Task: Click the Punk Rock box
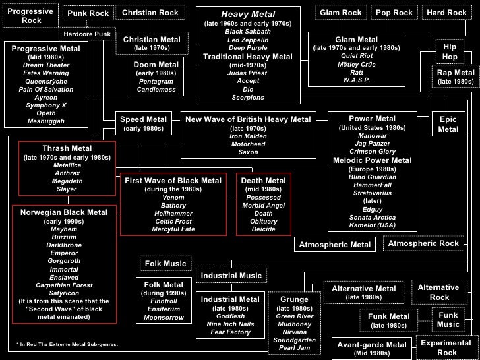pos(88,13)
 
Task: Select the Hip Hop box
pos(450,52)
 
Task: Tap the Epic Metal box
pos(448,125)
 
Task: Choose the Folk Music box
pos(165,264)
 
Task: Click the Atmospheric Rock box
pos(423,244)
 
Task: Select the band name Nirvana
pos(294,332)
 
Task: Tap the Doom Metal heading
pos(156,65)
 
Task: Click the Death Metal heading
pos(263,181)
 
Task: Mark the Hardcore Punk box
pos(87,34)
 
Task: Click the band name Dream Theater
pos(46,65)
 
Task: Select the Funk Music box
pos(448,320)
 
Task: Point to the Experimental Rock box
pos(447,347)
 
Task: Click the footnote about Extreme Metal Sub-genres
pos(67,344)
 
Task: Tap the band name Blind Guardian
pos(372,177)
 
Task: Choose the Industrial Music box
pos(231,276)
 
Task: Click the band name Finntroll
pos(164,301)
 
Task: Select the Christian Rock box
pos(150,13)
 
